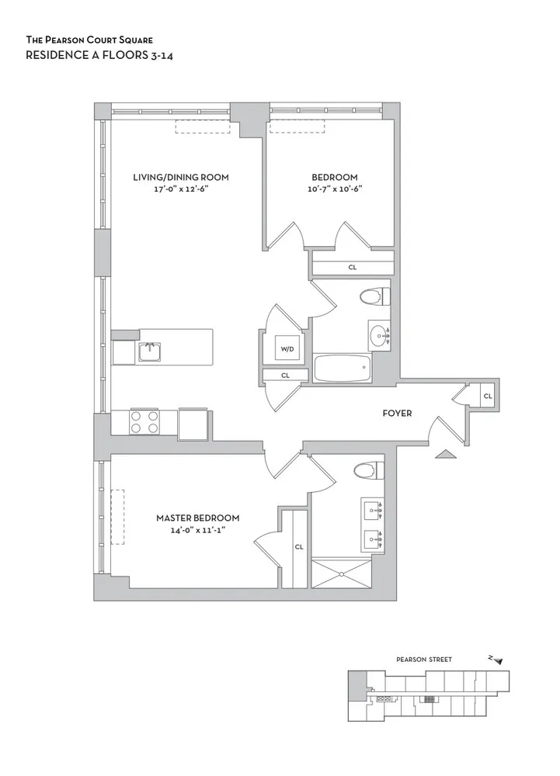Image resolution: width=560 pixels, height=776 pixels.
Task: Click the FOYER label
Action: click(x=397, y=413)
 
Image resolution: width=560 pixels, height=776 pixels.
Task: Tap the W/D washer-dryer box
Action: click(x=287, y=349)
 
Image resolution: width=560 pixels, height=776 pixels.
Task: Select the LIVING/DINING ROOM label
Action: click(x=181, y=177)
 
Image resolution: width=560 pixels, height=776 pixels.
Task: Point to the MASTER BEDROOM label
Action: click(x=197, y=518)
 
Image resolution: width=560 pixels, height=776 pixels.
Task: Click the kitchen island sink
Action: click(x=149, y=352)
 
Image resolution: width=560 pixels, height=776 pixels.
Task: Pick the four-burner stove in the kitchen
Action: click(x=144, y=421)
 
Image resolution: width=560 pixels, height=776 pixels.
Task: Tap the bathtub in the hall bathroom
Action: click(x=343, y=367)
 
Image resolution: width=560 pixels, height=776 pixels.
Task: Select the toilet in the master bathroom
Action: click(x=366, y=470)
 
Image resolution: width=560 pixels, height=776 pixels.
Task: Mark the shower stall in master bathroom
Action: click(x=340, y=573)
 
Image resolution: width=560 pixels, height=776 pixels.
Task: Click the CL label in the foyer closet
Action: click(x=487, y=396)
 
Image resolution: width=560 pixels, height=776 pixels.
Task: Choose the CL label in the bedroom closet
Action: click(x=352, y=267)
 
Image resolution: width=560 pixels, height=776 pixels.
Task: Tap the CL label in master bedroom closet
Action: click(x=299, y=546)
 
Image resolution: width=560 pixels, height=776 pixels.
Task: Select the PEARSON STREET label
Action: click(x=423, y=660)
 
